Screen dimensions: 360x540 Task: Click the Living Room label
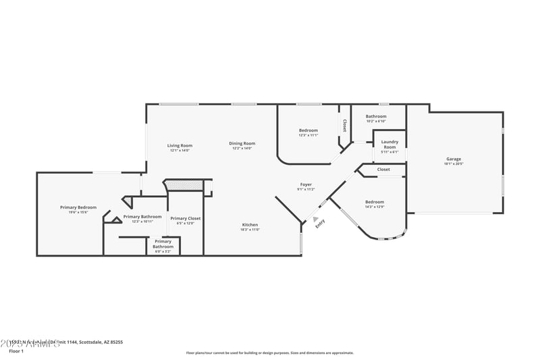(x=180, y=145)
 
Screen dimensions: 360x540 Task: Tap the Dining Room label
(x=242, y=143)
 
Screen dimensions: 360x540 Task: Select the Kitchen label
(x=250, y=225)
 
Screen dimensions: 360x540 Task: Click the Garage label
(x=453, y=159)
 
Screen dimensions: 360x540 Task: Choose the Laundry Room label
(x=389, y=144)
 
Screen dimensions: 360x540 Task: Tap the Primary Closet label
(x=185, y=218)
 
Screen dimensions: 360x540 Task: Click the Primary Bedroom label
(x=78, y=207)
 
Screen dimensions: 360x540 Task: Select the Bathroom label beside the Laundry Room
(x=376, y=116)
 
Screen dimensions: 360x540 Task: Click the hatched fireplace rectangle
(x=184, y=184)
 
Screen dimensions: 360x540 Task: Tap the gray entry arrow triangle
(x=315, y=218)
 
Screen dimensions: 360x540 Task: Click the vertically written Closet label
(x=344, y=126)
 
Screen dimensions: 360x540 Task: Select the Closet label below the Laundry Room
(x=383, y=169)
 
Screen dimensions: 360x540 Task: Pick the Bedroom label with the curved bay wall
(x=375, y=202)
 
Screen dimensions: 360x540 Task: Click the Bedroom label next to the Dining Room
(x=308, y=130)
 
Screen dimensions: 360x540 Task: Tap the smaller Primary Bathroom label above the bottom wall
(x=163, y=243)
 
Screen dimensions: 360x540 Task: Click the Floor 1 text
(x=16, y=351)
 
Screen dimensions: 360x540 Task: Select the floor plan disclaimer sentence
(x=269, y=353)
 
